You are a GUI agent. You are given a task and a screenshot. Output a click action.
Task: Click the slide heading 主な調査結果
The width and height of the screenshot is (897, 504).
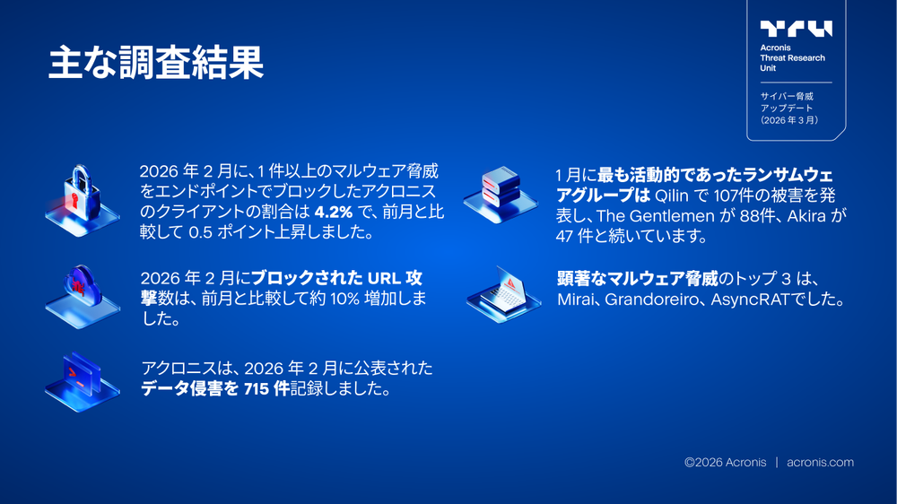tap(155, 65)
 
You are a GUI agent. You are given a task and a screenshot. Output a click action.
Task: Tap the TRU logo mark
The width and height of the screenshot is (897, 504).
tap(796, 29)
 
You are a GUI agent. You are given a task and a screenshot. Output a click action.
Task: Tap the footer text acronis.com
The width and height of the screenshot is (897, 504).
tap(820, 463)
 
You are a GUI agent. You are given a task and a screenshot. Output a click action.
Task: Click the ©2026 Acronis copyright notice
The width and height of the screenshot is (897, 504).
tap(725, 463)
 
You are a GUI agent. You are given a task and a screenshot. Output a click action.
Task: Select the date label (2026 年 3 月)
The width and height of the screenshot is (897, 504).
tap(789, 119)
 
